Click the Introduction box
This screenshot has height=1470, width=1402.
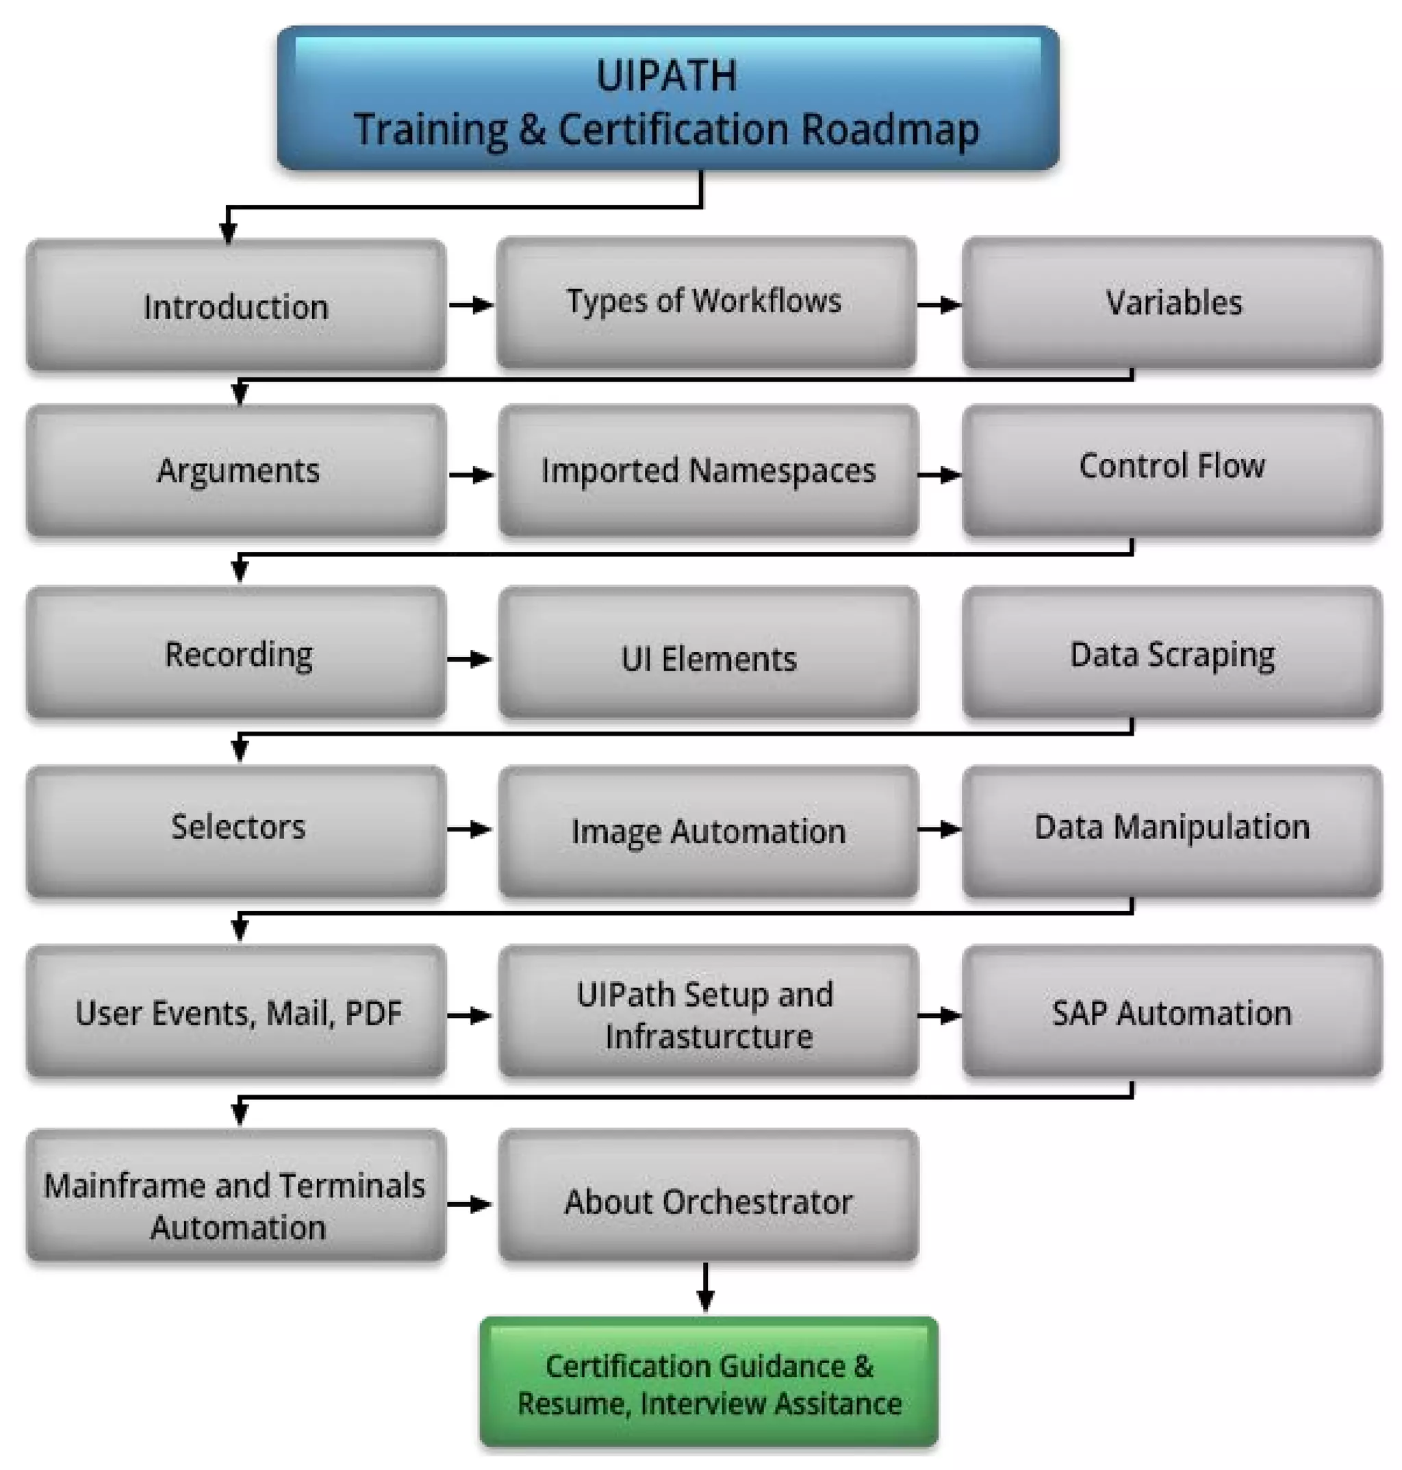point(236,305)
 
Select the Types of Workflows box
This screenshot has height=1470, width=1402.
point(706,302)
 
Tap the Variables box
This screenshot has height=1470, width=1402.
point(1172,303)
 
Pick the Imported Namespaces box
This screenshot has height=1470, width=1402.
point(708,471)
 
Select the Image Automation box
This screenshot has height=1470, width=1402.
point(708,831)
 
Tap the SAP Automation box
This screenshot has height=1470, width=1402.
point(1172,1012)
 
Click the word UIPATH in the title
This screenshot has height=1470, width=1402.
point(666,75)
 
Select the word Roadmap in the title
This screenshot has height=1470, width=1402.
point(889,129)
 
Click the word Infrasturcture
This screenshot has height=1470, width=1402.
point(709,1036)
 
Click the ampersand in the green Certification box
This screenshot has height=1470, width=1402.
point(863,1366)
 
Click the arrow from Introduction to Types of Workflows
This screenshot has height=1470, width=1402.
point(472,305)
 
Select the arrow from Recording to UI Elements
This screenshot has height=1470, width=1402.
point(470,659)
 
